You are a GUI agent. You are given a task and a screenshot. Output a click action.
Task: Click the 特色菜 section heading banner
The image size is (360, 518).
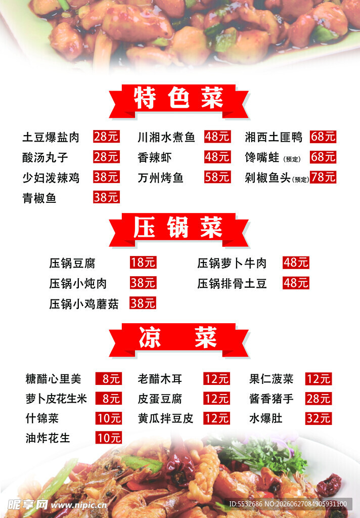[x=178, y=101]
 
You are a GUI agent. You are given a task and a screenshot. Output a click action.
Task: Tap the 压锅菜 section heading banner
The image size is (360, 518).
[x=178, y=230]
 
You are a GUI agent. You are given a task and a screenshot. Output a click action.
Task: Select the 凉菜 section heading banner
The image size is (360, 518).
[x=178, y=340]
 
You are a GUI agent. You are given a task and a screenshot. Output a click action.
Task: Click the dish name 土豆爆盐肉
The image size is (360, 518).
[x=51, y=137]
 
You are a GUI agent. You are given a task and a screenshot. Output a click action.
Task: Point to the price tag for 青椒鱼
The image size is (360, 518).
[x=106, y=197]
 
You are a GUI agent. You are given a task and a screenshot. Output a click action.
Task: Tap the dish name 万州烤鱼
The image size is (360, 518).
[x=160, y=178]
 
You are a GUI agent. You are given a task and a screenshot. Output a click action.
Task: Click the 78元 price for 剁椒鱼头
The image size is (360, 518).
[x=323, y=177]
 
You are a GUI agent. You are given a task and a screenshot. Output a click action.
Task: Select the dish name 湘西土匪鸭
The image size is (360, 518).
[x=274, y=137]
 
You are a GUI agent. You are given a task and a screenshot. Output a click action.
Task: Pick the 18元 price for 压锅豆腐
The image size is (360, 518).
[x=143, y=263]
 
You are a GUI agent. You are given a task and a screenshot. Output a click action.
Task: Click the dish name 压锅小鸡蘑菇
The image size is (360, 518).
[x=84, y=304]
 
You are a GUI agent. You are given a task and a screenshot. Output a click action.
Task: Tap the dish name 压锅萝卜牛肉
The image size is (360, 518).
[x=232, y=263]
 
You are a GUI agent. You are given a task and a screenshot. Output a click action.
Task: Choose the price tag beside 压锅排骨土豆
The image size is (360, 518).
[x=296, y=283]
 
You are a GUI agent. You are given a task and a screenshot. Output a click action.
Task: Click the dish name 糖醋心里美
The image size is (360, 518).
[x=53, y=379]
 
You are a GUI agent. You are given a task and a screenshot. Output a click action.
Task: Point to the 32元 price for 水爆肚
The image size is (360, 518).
[x=319, y=418]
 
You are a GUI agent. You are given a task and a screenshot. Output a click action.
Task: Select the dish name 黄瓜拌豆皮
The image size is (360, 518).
[x=165, y=418]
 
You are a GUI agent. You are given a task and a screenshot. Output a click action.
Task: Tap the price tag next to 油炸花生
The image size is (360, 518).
[x=109, y=438]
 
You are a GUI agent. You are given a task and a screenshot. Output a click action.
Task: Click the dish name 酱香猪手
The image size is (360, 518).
[x=271, y=399]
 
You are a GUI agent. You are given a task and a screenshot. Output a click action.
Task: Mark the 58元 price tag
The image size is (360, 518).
[x=217, y=177]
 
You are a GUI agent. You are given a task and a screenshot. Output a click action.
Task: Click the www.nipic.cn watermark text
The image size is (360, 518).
[x=79, y=505]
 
